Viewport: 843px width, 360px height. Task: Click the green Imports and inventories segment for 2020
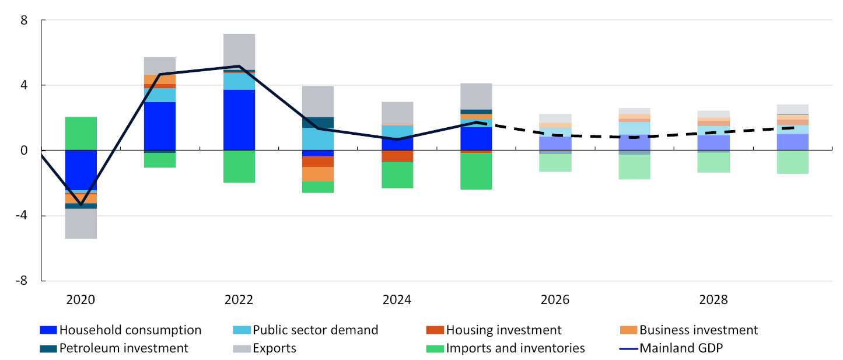coord(81,133)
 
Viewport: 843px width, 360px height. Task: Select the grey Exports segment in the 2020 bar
coord(81,223)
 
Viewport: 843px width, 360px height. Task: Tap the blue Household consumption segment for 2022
coord(239,120)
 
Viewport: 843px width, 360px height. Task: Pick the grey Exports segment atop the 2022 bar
coord(239,51)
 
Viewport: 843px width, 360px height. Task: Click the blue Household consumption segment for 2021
coord(160,126)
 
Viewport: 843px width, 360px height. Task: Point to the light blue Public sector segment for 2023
coord(318,139)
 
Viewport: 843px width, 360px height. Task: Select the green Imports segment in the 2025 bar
coord(476,171)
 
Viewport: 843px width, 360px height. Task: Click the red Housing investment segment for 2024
coord(397,156)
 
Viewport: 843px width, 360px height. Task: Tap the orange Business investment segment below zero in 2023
coord(318,174)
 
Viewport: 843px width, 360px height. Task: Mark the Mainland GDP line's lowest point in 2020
coord(81,205)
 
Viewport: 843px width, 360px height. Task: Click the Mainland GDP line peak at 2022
coord(239,67)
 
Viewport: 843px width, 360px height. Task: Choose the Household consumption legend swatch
coord(48,330)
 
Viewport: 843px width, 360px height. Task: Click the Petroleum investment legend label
coord(124,348)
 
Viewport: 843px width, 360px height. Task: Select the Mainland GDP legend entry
coord(671,348)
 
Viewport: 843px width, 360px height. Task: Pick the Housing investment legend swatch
coord(435,330)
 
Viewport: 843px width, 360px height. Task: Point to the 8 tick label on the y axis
coord(24,20)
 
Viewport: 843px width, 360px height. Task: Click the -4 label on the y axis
coord(22,215)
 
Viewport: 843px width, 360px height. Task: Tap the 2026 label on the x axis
coord(555,300)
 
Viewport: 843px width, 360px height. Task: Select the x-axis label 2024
coord(397,300)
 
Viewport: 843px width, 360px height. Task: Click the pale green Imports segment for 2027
coord(634,167)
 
